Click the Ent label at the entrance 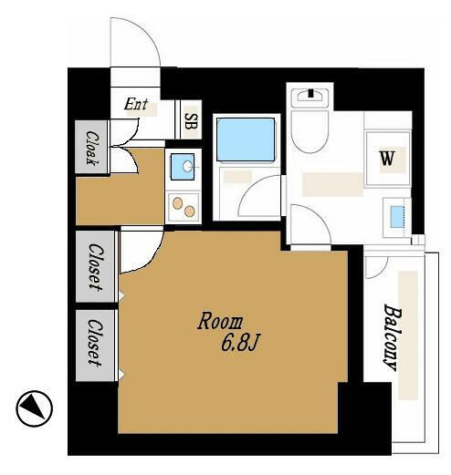pos(136,104)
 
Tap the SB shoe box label pos(192,121)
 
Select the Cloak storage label pos(91,148)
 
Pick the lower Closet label pos(96,342)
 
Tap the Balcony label pos(393,337)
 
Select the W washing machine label pos(387,159)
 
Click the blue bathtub pos(246,139)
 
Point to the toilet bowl pos(309,131)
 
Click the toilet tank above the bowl pos(309,98)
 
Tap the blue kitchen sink pos(183,167)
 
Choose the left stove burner pos(177,203)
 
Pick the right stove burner pos(189,212)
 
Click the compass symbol pos(35,408)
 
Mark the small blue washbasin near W pos(396,217)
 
